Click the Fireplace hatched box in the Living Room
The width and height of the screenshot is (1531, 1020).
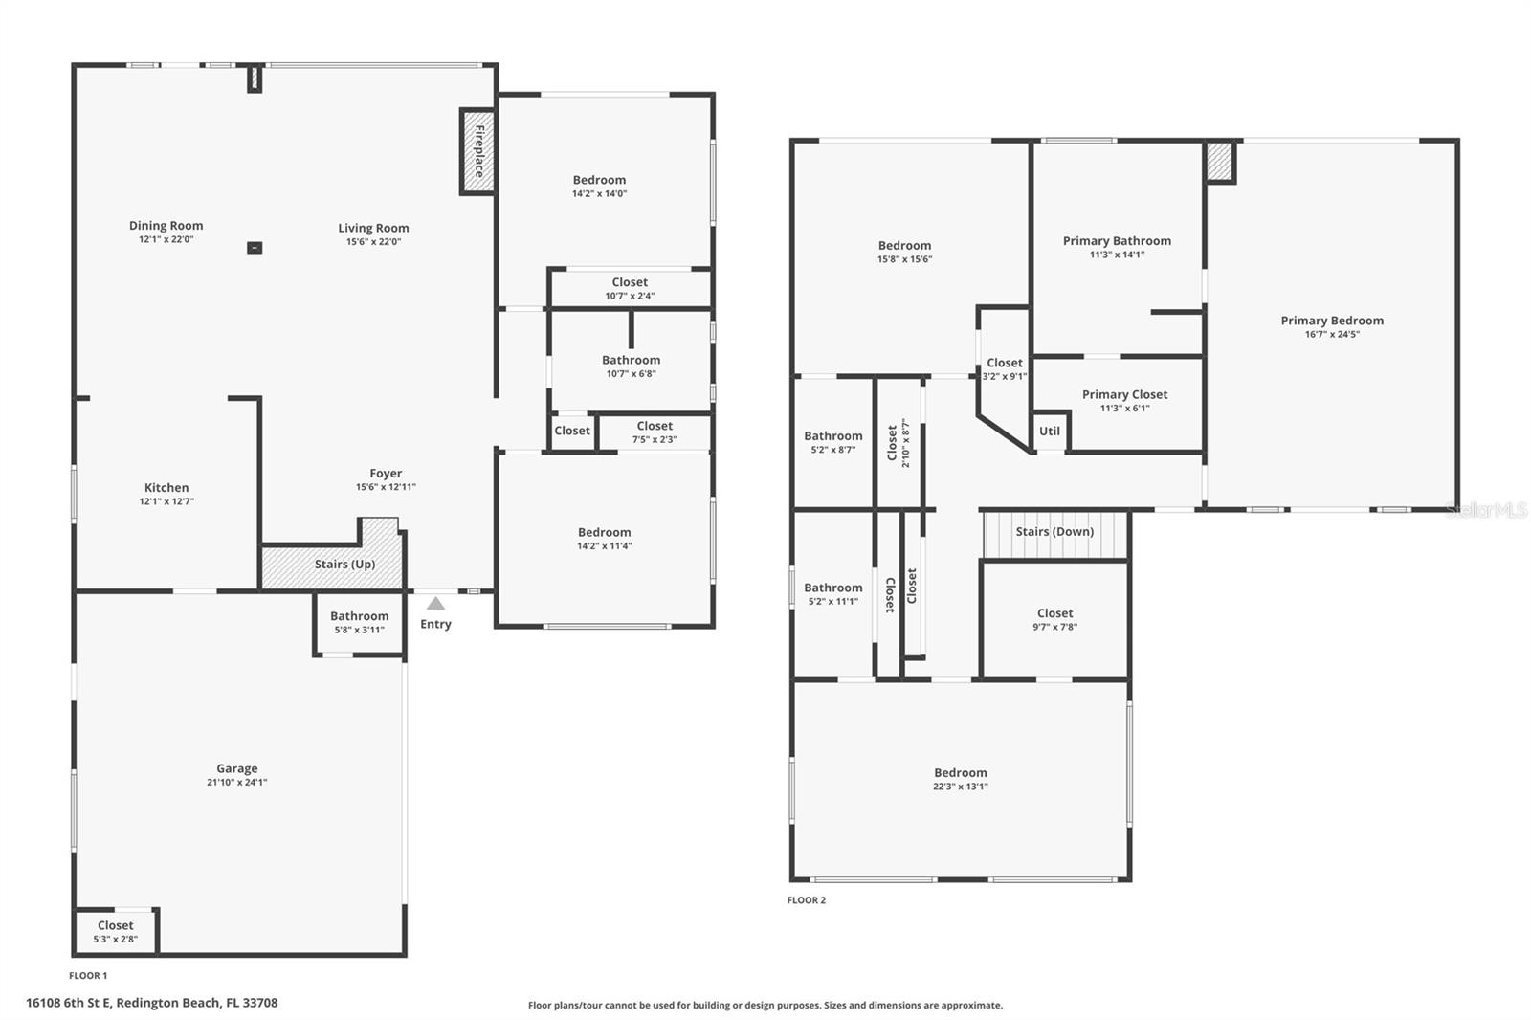tap(477, 151)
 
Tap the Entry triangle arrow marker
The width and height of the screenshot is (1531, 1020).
tap(435, 604)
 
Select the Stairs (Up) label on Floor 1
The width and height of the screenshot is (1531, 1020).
tap(344, 565)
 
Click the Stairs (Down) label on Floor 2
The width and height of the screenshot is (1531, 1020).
tap(1054, 532)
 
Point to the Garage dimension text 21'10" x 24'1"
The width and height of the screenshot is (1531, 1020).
tap(236, 783)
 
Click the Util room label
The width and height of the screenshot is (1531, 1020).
tap(1050, 432)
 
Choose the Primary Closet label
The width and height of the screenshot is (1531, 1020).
tap(1124, 394)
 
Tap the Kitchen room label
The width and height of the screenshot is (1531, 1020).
tap(166, 488)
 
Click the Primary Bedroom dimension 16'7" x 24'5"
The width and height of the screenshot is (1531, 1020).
tap(1332, 335)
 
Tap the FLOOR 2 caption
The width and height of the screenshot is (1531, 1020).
tap(806, 900)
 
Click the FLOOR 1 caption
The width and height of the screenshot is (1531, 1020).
tap(88, 976)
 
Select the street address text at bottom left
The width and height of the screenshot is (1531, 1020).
tap(151, 1003)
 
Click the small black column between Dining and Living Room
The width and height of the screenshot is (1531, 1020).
tap(255, 248)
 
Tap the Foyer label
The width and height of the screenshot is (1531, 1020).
tap(386, 474)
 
